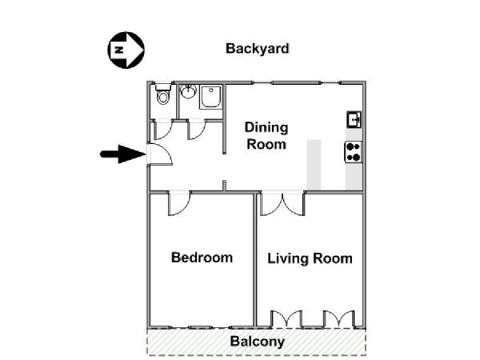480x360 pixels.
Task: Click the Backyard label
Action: (x=257, y=49)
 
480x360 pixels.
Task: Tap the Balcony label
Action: (x=257, y=342)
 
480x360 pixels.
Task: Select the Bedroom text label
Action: (x=202, y=258)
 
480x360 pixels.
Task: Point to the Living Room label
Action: (x=310, y=258)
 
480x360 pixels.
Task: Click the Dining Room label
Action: (x=266, y=136)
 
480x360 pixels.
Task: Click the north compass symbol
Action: (x=126, y=50)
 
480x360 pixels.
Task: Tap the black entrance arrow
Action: (x=123, y=154)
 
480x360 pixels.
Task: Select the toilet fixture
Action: (x=163, y=94)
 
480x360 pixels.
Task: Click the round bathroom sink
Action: (x=188, y=91)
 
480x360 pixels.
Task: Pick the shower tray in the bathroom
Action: (x=210, y=97)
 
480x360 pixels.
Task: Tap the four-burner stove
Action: (x=354, y=152)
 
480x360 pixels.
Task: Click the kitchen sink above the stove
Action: (x=354, y=119)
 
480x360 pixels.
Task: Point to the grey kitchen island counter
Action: (x=314, y=165)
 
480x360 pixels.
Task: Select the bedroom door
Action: (x=179, y=203)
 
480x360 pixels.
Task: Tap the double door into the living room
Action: (x=282, y=203)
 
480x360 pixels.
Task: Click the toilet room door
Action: (x=163, y=130)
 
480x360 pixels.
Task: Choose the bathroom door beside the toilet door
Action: (x=196, y=130)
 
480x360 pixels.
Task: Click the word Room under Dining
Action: (x=266, y=144)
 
